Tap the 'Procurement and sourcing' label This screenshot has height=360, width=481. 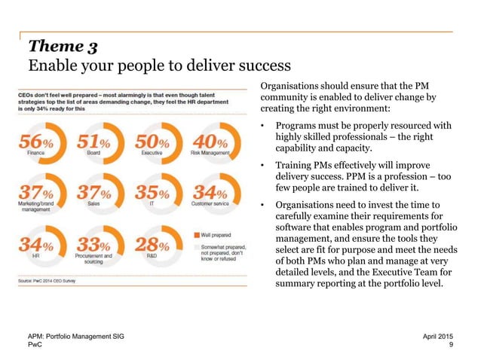point(97,258)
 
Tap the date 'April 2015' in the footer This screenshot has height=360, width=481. point(439,334)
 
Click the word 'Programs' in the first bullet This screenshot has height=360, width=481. point(298,125)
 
